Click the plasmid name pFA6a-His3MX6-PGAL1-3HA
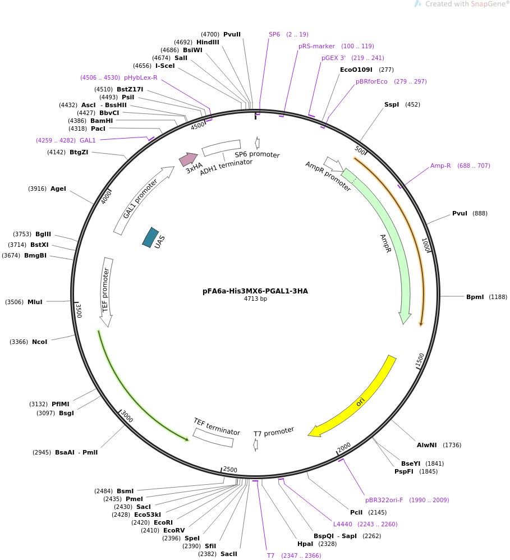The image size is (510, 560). pyautogui.click(x=255, y=291)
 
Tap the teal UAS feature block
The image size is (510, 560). pyautogui.click(x=150, y=237)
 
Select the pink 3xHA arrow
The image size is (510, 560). pyautogui.click(x=189, y=159)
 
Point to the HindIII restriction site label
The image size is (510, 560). pyautogui.click(x=208, y=42)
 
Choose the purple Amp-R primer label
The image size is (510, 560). pyautogui.click(x=440, y=166)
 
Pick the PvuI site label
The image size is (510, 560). pyautogui.click(x=460, y=213)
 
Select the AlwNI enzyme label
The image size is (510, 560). pyautogui.click(x=426, y=445)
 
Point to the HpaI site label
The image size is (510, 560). pyautogui.click(x=305, y=544)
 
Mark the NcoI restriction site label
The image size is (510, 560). pyautogui.click(x=39, y=342)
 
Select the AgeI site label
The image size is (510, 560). pyautogui.click(x=58, y=189)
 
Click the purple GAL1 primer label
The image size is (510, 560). pyautogui.click(x=88, y=140)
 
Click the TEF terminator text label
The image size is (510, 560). pyautogui.click(x=217, y=426)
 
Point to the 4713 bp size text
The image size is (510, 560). pyautogui.click(x=255, y=299)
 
